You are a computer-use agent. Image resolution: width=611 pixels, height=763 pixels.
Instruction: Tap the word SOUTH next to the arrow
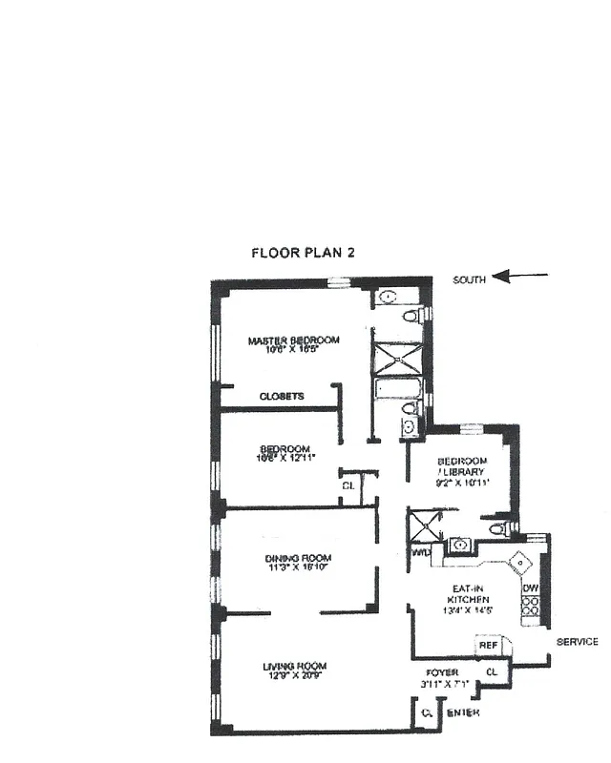470,279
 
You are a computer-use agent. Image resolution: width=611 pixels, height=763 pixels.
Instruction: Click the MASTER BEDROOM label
294,340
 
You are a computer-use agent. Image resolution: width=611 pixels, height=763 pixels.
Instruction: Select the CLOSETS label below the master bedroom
282,396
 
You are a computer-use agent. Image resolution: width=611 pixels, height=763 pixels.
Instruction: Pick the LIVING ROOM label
295,666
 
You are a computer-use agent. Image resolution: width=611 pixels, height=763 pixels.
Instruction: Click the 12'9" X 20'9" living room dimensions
295,676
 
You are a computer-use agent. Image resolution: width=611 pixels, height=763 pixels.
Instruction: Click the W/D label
419,552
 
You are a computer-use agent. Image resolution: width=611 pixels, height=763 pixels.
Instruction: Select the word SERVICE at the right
577,642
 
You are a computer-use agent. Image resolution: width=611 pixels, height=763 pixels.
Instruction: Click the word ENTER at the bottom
463,712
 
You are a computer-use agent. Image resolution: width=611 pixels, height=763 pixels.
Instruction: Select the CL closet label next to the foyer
492,672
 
